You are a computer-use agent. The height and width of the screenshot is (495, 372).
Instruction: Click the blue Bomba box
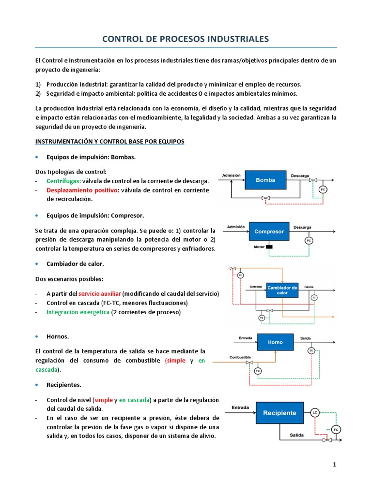pyautogui.click(x=265, y=180)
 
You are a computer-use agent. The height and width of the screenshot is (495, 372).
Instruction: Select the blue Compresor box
pyautogui.click(x=269, y=232)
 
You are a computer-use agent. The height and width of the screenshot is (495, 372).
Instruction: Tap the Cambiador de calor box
pyautogui.click(x=282, y=290)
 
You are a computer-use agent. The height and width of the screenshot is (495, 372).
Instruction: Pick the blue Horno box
pyautogui.click(x=275, y=342)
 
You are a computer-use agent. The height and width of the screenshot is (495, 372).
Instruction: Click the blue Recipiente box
pyautogui.click(x=279, y=413)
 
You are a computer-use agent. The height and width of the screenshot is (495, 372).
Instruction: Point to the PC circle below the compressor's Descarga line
pyautogui.click(x=308, y=240)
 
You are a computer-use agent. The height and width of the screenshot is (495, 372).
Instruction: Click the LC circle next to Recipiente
pyautogui.click(x=315, y=413)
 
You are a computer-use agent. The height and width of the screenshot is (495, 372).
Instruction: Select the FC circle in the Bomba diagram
pyautogui.click(x=324, y=189)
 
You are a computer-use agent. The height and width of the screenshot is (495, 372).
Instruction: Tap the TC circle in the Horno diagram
pyautogui.click(x=311, y=350)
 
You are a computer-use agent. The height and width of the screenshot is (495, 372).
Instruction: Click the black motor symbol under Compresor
pyautogui.click(x=269, y=247)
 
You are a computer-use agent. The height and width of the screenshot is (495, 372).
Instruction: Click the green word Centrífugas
pyautogui.click(x=63, y=181)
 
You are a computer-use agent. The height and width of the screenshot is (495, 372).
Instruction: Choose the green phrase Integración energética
pyautogui.click(x=78, y=312)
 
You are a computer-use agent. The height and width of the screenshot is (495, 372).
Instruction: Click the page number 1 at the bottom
pyautogui.click(x=334, y=465)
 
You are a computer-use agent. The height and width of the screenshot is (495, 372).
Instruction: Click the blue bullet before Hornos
pyautogui.click(x=37, y=336)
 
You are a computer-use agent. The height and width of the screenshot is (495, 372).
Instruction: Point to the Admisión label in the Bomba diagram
pyautogui.click(x=231, y=175)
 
